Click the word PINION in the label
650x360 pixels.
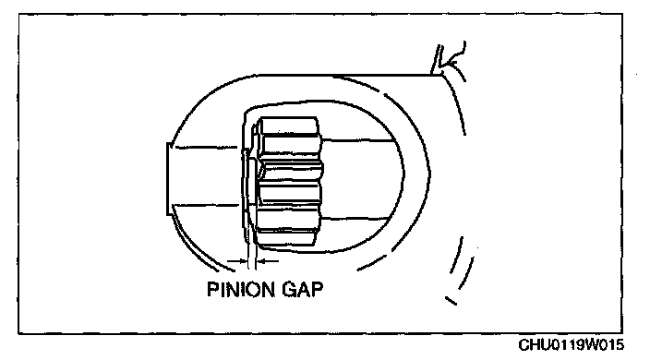(240, 289)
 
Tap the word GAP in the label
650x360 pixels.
(303, 289)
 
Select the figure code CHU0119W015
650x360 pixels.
(572, 344)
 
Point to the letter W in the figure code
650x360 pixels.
(591, 344)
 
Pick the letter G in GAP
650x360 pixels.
(289, 289)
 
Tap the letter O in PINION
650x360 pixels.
(249, 289)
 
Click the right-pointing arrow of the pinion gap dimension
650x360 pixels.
(237, 261)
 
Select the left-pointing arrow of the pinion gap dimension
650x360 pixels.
(268, 261)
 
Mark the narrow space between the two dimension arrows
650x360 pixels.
(252, 261)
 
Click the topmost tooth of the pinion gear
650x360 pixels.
(289, 126)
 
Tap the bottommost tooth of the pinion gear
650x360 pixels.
(286, 237)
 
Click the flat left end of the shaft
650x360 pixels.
(168, 179)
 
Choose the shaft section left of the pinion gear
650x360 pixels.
(205, 175)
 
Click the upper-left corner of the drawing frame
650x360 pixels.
(18, 14)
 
